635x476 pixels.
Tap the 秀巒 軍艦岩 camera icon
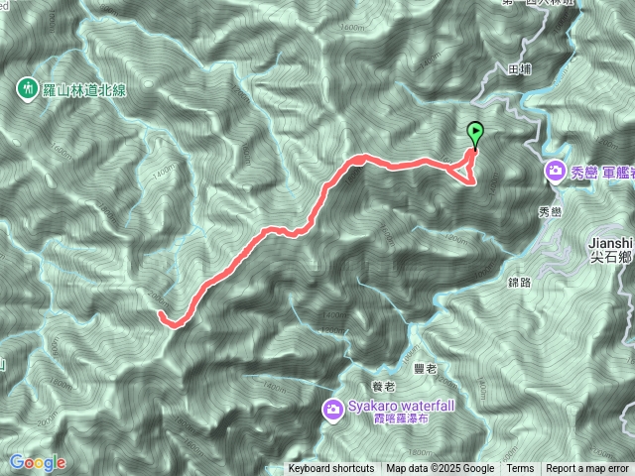556,172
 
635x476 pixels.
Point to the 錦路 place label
519,281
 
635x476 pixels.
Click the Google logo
37,462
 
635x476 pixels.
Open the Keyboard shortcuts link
331,469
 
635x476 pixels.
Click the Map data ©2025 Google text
441,469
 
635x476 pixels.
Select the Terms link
520,469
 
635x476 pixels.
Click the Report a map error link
587,469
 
